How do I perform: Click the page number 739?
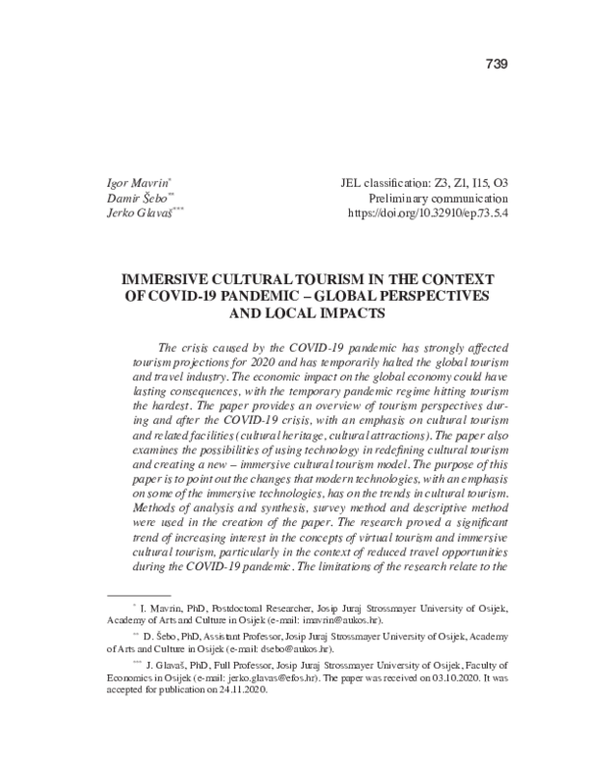click(496, 65)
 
